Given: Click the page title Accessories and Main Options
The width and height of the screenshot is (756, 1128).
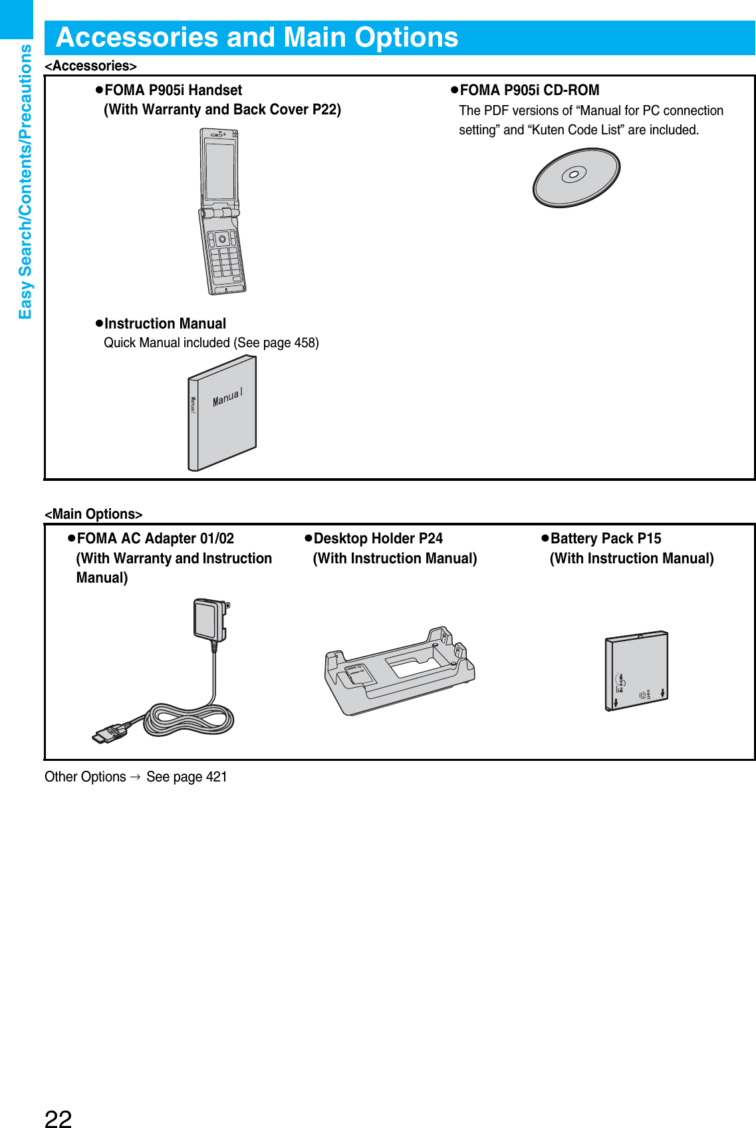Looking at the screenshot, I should tap(257, 37).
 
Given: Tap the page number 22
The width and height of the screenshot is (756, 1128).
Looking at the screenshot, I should tap(58, 1118).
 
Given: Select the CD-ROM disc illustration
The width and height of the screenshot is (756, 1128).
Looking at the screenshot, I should tap(576, 177).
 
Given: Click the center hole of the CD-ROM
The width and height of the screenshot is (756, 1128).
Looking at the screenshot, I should tap(574, 175).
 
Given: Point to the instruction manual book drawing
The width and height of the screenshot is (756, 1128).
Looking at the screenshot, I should tap(222, 413).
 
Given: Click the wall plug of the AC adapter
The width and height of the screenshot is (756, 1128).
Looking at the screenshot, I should tap(211, 619).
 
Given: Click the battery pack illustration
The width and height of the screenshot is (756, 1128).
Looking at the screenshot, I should tap(636, 670).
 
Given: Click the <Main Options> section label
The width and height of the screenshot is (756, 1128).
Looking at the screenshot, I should tap(93, 514).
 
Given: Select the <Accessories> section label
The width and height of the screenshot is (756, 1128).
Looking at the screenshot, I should tap(90, 66).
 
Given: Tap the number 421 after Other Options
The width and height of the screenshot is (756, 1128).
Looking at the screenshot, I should tap(216, 777).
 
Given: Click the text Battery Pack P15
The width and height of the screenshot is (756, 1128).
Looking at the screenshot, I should tap(605, 539).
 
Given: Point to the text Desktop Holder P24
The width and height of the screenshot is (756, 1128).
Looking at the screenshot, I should tap(378, 539).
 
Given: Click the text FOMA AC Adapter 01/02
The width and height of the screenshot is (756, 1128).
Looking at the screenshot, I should tap(155, 539).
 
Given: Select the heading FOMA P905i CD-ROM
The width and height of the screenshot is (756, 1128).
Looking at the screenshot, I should tap(529, 90).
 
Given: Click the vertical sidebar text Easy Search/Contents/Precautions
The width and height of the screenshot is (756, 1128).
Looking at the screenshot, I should tap(25, 181).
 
